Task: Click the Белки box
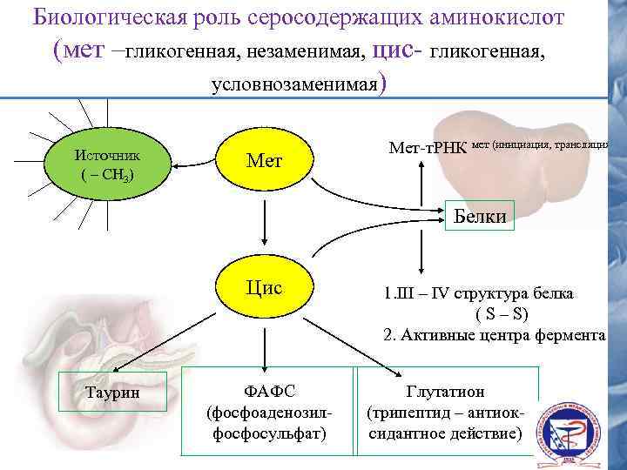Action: (480, 215)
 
